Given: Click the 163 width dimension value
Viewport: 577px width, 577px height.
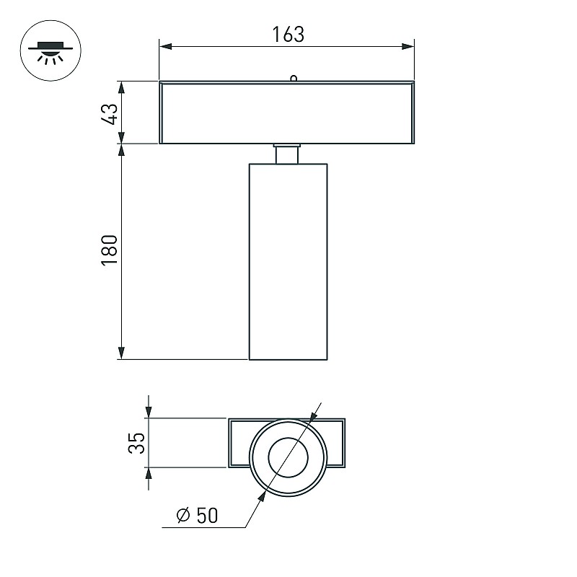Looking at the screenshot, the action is click(288, 34).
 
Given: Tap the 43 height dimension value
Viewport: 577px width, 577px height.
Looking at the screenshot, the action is click(110, 114).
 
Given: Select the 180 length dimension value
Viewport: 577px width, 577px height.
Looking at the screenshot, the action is click(110, 250).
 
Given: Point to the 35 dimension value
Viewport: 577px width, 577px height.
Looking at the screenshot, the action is click(136, 443).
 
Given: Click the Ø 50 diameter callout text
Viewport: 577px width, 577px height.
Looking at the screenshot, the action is click(197, 515).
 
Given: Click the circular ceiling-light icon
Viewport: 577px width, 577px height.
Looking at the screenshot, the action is click(50, 50).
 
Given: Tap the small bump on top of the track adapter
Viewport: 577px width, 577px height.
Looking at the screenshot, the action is click(294, 78).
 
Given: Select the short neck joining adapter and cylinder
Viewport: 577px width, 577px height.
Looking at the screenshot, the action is click(287, 154).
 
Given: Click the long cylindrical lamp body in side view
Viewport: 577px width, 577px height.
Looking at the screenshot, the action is click(288, 262).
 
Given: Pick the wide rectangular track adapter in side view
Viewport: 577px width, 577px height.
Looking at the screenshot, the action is click(287, 113).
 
